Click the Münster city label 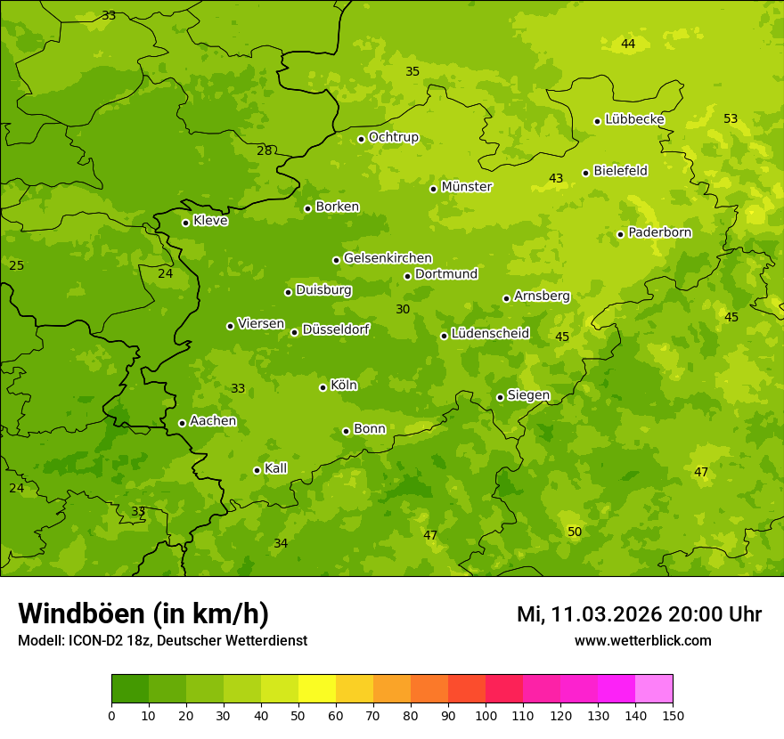tap(467, 187)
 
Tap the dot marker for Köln tap(323, 387)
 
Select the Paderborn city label tap(659, 232)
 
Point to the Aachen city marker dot tap(182, 423)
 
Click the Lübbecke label tap(634, 119)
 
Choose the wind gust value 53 tap(731, 118)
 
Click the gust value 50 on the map tap(575, 532)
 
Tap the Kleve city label tap(210, 221)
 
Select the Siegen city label tap(528, 395)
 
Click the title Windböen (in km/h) tap(143, 613)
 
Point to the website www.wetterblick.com tap(642, 640)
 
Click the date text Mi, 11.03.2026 tap(587, 614)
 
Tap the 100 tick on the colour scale tap(486, 715)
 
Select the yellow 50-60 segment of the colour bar tap(317, 689)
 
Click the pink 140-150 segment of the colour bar tap(654, 689)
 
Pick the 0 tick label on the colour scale tap(111, 715)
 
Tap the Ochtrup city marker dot tap(361, 139)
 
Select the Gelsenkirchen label tap(388, 258)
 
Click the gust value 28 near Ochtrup tap(265, 150)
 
